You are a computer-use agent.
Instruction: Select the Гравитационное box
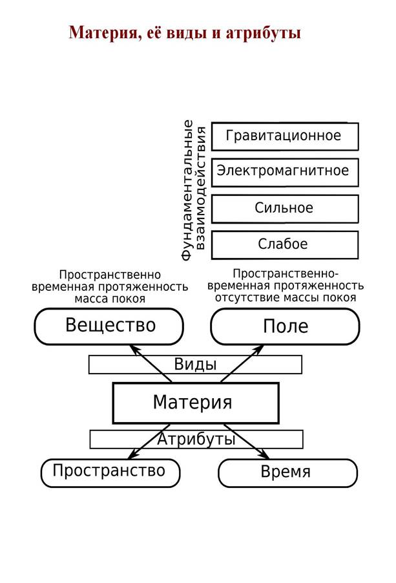284,136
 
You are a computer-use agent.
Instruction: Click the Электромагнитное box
284,172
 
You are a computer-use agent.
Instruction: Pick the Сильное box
284,208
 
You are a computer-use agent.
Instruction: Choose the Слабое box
284,244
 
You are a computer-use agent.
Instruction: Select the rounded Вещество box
110,326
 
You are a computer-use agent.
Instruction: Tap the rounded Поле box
285,326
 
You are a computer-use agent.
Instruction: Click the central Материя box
195,402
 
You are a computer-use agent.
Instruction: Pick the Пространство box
109,471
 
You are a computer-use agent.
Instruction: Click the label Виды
195,365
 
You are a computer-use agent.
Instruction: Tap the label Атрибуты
195,440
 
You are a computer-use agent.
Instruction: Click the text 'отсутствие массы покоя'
285,298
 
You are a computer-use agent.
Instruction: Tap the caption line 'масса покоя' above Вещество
110,299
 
